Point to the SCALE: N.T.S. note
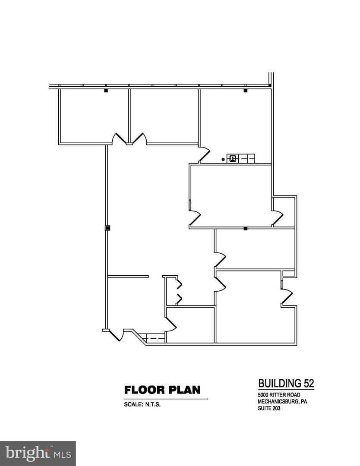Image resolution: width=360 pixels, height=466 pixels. tap(142, 404)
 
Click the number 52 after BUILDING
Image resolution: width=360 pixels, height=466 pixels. tap(308, 384)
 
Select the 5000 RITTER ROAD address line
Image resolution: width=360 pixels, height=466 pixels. tap(279, 395)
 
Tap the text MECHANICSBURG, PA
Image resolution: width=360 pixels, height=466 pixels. tap(282, 402)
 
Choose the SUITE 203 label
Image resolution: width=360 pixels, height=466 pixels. tap(269, 408)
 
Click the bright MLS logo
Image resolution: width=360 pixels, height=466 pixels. tap(38, 453)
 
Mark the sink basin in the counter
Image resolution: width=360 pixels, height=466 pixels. tap(233, 159)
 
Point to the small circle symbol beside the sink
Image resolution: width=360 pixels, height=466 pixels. tap(223, 160)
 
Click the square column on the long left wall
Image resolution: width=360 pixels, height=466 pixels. tap(107, 228)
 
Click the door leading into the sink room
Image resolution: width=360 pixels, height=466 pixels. tap(205, 154)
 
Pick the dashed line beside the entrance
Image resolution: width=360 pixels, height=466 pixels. tap(154, 338)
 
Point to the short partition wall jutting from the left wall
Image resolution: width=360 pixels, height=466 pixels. tap(128, 277)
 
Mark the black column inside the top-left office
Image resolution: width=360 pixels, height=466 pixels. tap(105, 90)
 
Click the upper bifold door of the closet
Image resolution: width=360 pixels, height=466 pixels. tap(179, 284)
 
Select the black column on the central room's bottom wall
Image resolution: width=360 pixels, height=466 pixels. tap(246, 229)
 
